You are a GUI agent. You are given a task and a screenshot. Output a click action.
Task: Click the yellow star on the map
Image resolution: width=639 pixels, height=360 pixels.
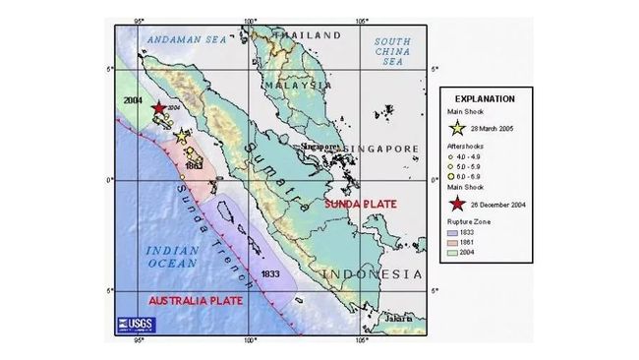[183, 137]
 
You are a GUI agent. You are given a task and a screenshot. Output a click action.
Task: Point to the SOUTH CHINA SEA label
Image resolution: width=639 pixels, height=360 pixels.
[393, 49]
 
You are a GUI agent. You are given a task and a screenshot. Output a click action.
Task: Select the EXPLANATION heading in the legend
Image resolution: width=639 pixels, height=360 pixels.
[484, 99]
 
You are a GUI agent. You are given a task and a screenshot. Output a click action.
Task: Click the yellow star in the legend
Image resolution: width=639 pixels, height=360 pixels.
[458, 128]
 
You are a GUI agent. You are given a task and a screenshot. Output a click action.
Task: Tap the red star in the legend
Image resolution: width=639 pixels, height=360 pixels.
[458, 205]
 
